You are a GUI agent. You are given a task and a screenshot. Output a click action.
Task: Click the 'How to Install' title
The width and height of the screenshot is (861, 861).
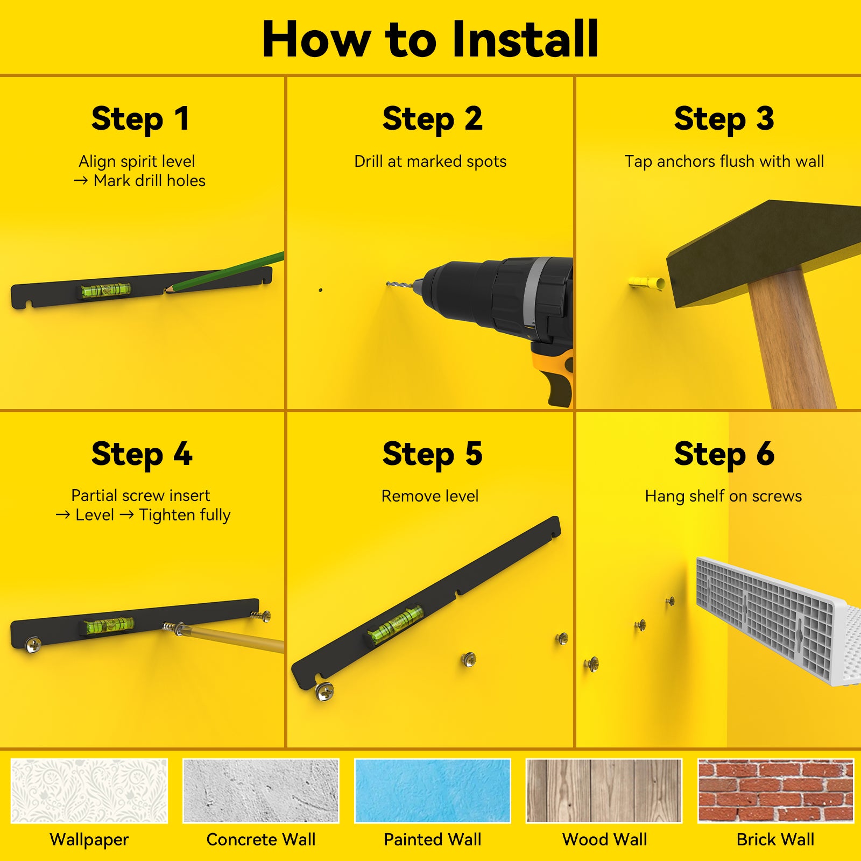(x=430, y=39)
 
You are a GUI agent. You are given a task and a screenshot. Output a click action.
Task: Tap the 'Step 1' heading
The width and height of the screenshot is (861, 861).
(x=140, y=119)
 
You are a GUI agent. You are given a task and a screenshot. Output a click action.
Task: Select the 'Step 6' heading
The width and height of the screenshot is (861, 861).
(x=724, y=454)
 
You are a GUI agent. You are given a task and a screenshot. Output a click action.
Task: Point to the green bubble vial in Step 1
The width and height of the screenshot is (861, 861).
(x=106, y=290)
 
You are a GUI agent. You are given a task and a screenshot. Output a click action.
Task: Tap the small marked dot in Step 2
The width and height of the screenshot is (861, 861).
(x=321, y=290)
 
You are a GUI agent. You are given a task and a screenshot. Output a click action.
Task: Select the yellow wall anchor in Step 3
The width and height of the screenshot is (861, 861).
(x=646, y=283)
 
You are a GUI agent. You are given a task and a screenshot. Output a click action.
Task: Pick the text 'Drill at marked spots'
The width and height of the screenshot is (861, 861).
(x=430, y=161)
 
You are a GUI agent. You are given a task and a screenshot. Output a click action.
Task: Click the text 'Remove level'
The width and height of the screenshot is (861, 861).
(x=430, y=496)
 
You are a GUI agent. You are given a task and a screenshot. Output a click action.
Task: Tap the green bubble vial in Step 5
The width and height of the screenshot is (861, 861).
(x=395, y=624)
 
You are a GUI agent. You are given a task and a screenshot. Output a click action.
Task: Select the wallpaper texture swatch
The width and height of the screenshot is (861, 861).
(x=89, y=791)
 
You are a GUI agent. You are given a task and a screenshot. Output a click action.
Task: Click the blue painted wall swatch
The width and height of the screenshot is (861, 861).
(x=432, y=791)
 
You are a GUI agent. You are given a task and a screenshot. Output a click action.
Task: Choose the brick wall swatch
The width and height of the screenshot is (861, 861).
(x=775, y=791)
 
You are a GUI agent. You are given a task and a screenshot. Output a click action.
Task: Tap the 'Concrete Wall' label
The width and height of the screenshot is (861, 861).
(x=261, y=839)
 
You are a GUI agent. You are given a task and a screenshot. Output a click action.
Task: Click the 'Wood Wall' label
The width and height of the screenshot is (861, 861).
(x=604, y=839)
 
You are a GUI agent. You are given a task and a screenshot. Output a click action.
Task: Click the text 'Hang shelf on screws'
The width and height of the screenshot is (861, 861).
(x=723, y=496)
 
